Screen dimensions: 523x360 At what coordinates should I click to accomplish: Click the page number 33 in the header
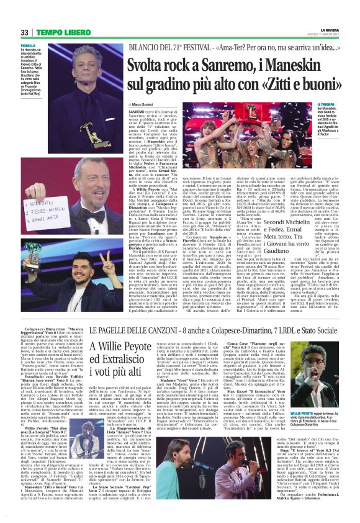pos(24,32)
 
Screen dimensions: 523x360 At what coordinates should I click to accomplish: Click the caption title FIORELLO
pos(28,45)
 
